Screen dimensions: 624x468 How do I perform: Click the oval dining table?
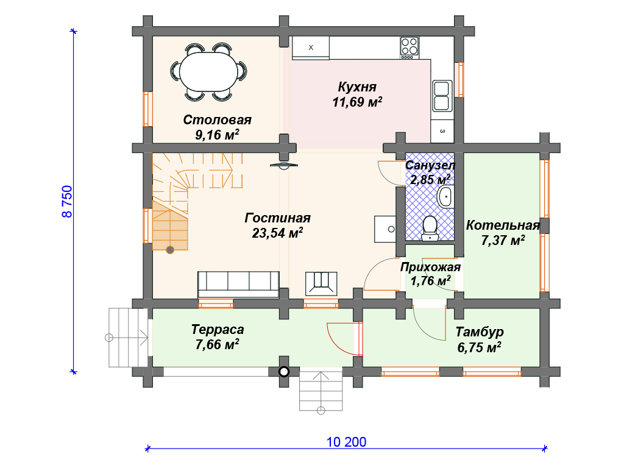[x=208, y=72]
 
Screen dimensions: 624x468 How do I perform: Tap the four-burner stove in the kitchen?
[x=409, y=48]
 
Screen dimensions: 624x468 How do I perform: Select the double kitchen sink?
[x=442, y=96]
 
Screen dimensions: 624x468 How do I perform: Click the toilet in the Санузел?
[x=430, y=229]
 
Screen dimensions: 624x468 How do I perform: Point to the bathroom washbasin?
[x=445, y=197]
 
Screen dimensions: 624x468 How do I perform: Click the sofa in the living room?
[x=238, y=284]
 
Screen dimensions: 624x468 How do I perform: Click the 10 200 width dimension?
[x=346, y=442]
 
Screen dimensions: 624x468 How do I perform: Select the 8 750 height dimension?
[x=67, y=201]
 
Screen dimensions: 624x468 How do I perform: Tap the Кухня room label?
[x=357, y=87]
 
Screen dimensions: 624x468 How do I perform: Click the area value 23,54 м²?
[x=277, y=233]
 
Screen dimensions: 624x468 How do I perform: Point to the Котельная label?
[x=503, y=225]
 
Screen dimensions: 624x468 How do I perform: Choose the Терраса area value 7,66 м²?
[x=217, y=344]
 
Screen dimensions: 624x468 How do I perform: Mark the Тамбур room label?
[x=480, y=331]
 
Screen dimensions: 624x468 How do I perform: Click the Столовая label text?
[x=218, y=120]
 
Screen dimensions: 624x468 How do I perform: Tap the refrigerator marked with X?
[x=311, y=48]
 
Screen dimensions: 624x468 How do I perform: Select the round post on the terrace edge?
[x=283, y=372]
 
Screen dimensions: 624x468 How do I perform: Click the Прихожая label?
[x=430, y=267]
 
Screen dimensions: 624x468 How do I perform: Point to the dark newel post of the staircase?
[x=170, y=250]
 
